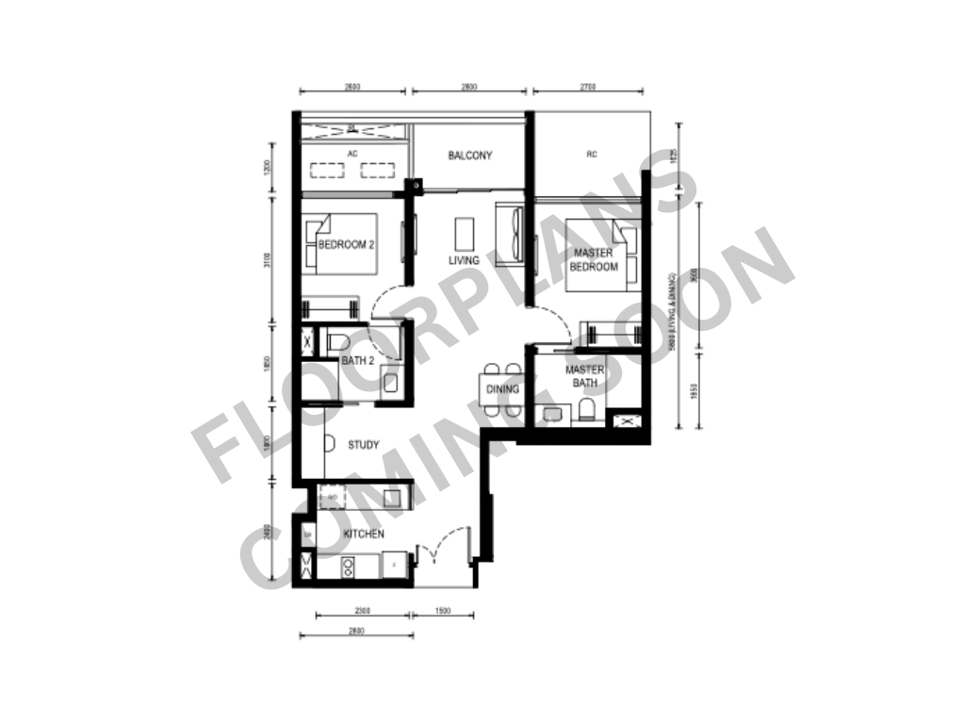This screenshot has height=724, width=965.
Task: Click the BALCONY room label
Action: pyautogui.click(x=469, y=156)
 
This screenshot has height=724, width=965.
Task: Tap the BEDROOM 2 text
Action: pyautogui.click(x=346, y=244)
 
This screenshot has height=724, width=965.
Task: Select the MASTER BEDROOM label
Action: pyautogui.click(x=593, y=259)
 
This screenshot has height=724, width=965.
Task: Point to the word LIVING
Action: pyautogui.click(x=464, y=260)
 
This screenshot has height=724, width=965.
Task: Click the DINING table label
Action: pyautogui.click(x=502, y=388)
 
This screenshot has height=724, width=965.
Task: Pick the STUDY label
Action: pyautogui.click(x=363, y=445)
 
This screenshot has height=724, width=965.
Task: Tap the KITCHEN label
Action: pyautogui.click(x=364, y=535)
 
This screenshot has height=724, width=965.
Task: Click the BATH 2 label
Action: pyautogui.click(x=358, y=361)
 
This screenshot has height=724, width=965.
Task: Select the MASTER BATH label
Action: pyautogui.click(x=584, y=376)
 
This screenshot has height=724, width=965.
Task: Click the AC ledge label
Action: pyautogui.click(x=352, y=153)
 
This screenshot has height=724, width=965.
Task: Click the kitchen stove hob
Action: pyautogui.click(x=348, y=566)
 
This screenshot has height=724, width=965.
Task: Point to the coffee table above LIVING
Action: pyautogui.click(x=464, y=232)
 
